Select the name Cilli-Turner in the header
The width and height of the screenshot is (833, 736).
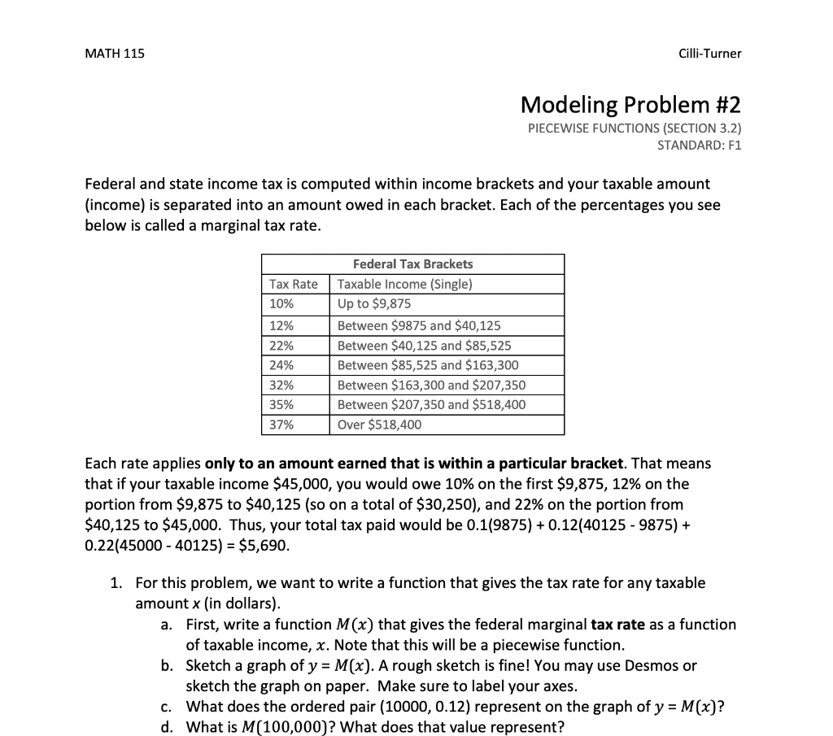[x=709, y=54]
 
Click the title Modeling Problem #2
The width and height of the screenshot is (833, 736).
[x=630, y=105]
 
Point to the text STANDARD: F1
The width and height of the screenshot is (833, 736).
[x=699, y=146]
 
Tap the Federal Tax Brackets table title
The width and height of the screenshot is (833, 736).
[x=412, y=264]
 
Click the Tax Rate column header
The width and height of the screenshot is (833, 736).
[x=294, y=285]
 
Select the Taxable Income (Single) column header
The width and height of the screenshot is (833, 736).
[x=404, y=285]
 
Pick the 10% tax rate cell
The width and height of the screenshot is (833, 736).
[x=281, y=304]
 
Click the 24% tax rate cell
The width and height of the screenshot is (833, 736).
[x=281, y=365]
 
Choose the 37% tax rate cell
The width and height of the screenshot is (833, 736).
[x=281, y=425]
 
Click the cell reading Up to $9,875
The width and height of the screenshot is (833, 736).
[x=374, y=304]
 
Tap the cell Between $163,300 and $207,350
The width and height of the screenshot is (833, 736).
[x=431, y=385]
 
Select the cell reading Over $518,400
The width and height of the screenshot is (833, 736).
[x=379, y=425]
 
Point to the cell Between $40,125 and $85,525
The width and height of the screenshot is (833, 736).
[x=424, y=346]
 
